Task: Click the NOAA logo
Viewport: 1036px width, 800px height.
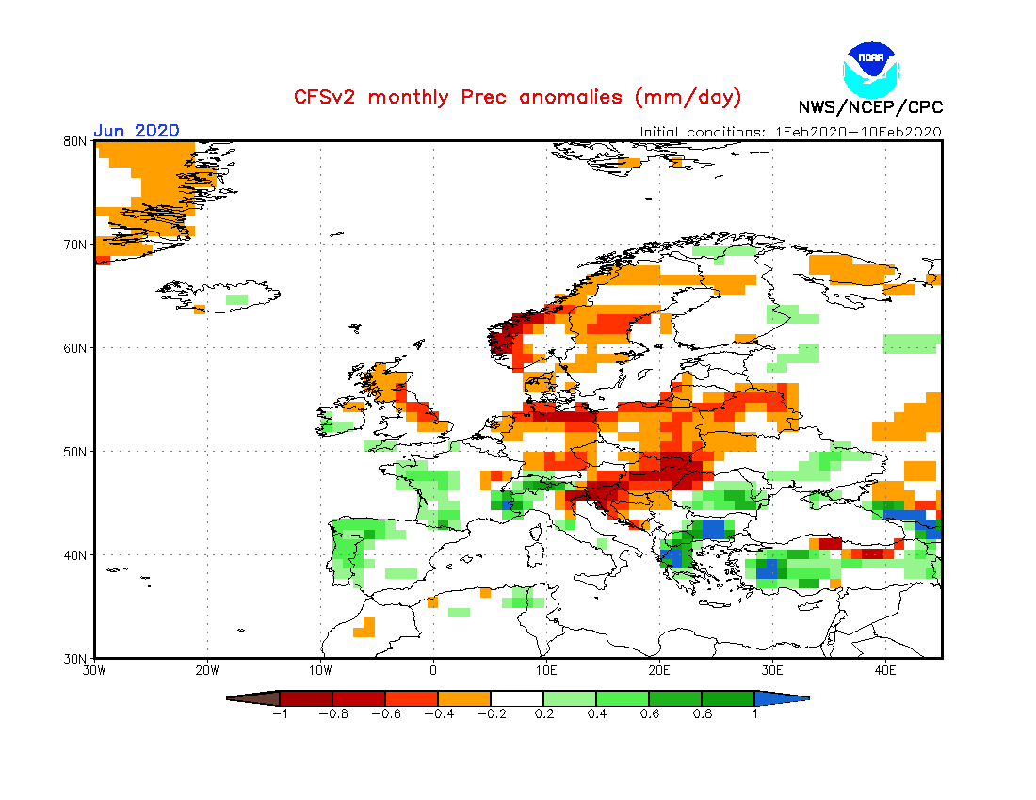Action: click(871, 68)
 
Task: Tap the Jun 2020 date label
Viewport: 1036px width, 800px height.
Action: click(137, 131)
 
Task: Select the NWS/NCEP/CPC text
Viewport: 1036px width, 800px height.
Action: click(869, 107)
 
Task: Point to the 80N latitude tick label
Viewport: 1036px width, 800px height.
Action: click(76, 141)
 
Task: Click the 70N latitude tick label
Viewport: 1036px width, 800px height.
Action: click(76, 245)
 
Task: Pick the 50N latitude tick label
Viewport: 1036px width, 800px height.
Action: click(76, 452)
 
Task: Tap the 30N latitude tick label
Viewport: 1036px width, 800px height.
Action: click(76, 658)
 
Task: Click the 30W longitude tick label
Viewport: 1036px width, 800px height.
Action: click(94, 671)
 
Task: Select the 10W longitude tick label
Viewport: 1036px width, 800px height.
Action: click(320, 671)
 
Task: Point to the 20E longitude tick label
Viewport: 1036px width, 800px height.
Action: click(659, 671)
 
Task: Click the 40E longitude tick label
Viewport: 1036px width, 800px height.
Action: click(885, 671)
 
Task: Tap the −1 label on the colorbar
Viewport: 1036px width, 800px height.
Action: click(279, 714)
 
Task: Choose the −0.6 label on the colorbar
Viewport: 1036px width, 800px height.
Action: click(384, 714)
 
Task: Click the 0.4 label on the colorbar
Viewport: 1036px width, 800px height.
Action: click(596, 714)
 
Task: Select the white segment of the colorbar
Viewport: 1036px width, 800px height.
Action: click(517, 698)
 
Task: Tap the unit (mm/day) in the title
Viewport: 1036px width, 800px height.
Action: click(688, 97)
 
